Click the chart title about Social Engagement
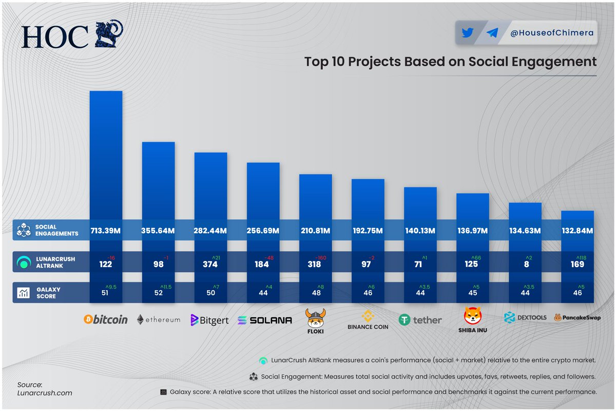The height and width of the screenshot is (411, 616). coord(450,62)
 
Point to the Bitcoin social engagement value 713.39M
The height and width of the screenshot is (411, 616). coord(106,231)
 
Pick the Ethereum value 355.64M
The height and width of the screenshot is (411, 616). coord(158,231)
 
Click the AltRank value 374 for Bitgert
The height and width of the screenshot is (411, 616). coord(210,264)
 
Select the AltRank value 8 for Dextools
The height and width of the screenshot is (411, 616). coord(525,264)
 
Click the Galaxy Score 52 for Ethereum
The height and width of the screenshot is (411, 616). coord(158,293)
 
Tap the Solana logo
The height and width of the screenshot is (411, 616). coord(264,320)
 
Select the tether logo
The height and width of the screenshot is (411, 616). coord(420,320)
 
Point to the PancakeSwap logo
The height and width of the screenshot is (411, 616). coord(577,318)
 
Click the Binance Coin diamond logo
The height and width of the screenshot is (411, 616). coord(368,315)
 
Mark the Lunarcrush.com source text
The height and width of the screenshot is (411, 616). coord(38,393)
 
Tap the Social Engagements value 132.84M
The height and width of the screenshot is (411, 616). coord(577,231)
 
